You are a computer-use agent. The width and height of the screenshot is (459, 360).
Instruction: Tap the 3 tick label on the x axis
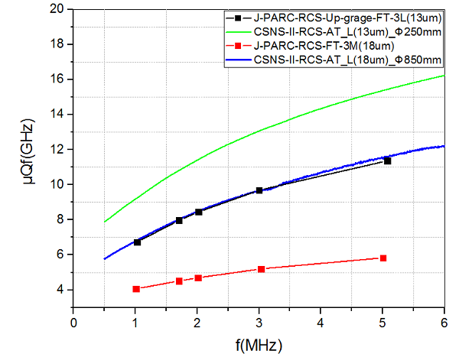pyautogui.click(x=259, y=322)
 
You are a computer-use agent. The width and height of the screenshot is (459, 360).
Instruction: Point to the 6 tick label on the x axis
pyautogui.click(x=444, y=322)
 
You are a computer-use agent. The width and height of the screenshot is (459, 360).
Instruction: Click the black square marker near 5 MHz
pyautogui.click(x=387, y=161)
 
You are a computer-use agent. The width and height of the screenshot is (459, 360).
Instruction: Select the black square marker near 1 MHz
pyautogui.click(x=137, y=242)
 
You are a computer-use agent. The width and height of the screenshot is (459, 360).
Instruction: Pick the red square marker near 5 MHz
pyautogui.click(x=383, y=258)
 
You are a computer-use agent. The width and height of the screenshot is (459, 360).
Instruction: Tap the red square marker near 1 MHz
pyautogui.click(x=136, y=289)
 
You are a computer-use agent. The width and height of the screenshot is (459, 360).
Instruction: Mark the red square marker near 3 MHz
pyautogui.click(x=262, y=269)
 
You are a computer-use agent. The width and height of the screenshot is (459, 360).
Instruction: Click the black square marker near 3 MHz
pyautogui.click(x=259, y=190)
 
